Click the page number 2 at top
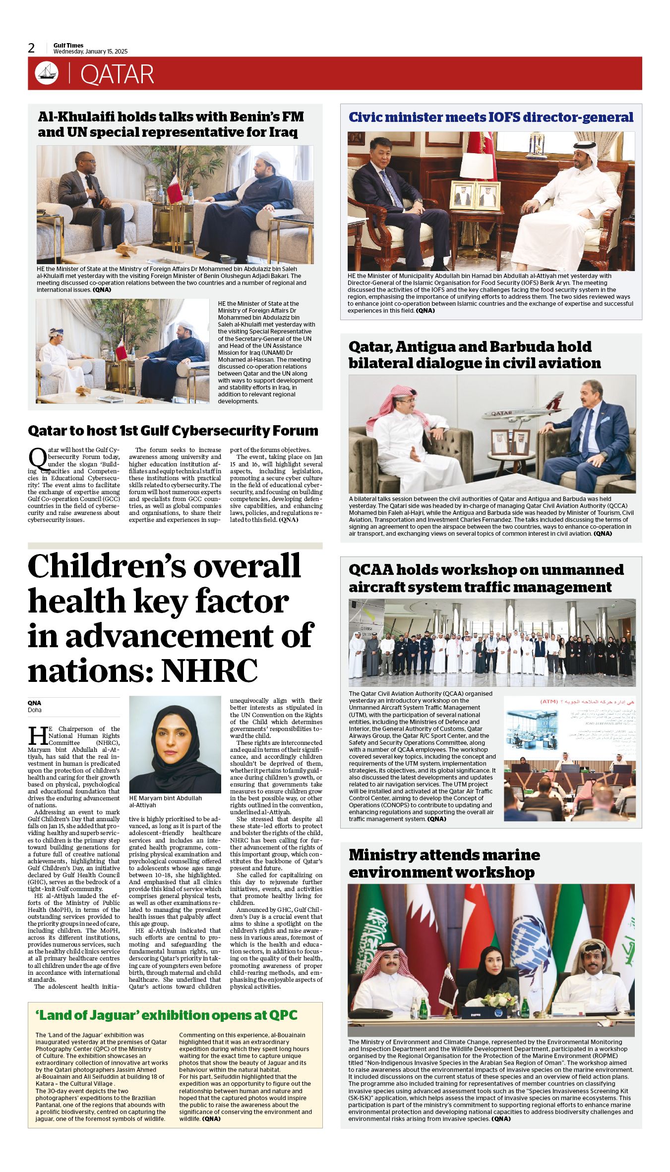point(32,48)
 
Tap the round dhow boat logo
point(47,73)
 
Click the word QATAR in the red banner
point(117,74)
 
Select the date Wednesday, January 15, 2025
point(90,52)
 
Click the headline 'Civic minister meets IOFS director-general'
point(490,117)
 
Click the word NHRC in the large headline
point(210,670)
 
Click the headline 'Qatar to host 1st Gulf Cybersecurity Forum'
point(173,431)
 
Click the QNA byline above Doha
point(35,703)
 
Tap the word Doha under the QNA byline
point(35,710)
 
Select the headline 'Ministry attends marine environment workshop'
point(444,864)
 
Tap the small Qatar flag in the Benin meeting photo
point(175,187)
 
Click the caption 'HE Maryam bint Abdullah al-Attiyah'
point(165,801)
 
